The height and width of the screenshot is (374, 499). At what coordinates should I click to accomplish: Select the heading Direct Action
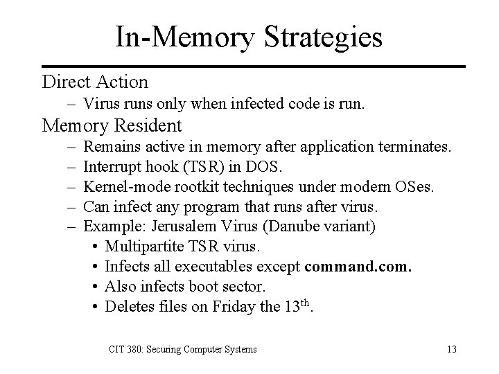click(95, 82)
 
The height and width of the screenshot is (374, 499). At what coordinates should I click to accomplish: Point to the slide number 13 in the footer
click(452, 349)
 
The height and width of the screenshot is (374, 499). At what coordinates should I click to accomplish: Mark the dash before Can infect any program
click(73, 206)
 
